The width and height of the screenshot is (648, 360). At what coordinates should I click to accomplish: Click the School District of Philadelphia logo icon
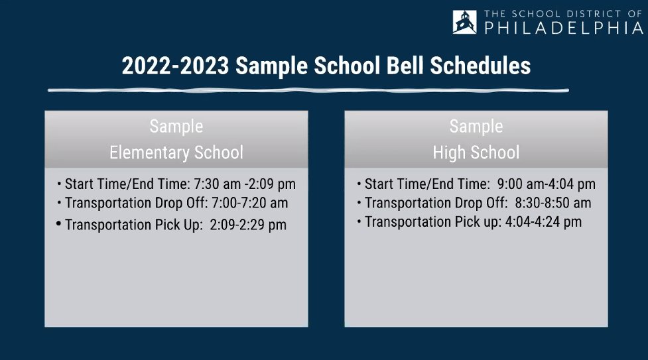[464, 22]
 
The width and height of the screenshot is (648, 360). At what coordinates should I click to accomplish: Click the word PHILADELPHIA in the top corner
[564, 28]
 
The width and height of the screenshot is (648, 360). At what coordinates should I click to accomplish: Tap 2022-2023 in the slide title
[175, 66]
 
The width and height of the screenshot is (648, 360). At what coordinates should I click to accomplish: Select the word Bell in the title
[405, 66]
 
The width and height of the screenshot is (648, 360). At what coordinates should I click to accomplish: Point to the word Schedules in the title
[480, 66]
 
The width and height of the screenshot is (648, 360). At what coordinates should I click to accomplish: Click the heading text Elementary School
[176, 152]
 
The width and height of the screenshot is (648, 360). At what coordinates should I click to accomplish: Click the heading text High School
[476, 152]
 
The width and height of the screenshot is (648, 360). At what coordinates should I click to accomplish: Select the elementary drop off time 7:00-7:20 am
[249, 203]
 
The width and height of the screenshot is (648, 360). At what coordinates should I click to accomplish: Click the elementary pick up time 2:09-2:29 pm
[248, 225]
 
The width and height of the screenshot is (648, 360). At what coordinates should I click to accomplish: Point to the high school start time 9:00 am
[521, 184]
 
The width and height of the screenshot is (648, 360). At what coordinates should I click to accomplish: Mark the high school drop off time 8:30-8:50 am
[553, 203]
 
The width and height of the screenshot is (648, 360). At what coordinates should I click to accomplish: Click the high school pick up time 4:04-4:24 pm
[543, 222]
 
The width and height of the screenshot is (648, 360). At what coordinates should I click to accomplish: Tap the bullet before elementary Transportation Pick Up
[58, 223]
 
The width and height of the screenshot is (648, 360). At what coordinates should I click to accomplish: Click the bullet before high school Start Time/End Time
[359, 184]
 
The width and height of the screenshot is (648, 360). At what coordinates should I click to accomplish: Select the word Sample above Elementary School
[176, 127]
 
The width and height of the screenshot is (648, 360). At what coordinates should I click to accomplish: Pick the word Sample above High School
[476, 127]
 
